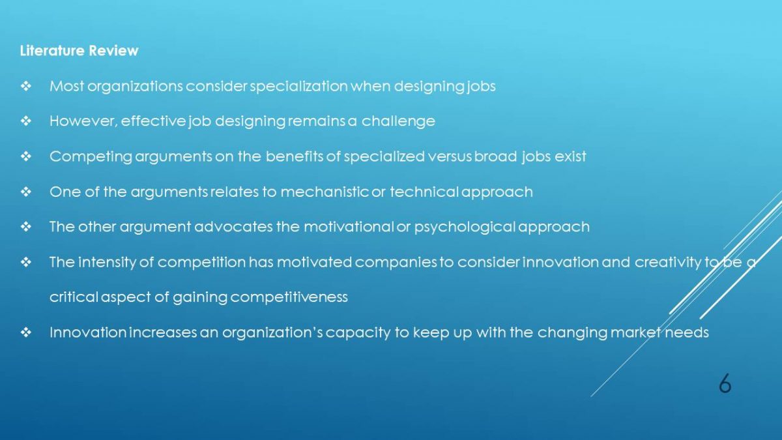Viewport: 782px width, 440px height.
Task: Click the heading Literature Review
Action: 80,51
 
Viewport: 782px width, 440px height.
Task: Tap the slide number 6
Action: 725,383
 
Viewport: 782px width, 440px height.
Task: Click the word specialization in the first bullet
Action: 299,87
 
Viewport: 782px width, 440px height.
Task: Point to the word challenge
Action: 398,122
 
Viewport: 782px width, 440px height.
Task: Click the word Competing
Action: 91,157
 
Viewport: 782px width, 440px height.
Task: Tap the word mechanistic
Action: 325,192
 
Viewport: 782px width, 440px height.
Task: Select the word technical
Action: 424,192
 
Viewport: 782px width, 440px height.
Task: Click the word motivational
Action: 349,227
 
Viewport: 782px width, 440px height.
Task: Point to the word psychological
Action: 465,227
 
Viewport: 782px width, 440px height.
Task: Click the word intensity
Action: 107,263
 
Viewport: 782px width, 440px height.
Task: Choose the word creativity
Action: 668,263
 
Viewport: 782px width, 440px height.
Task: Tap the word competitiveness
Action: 289,297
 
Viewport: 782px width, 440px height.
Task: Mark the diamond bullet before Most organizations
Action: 26,86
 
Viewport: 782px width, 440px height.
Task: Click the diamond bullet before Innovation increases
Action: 26,332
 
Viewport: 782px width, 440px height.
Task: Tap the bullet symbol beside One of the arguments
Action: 26,192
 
